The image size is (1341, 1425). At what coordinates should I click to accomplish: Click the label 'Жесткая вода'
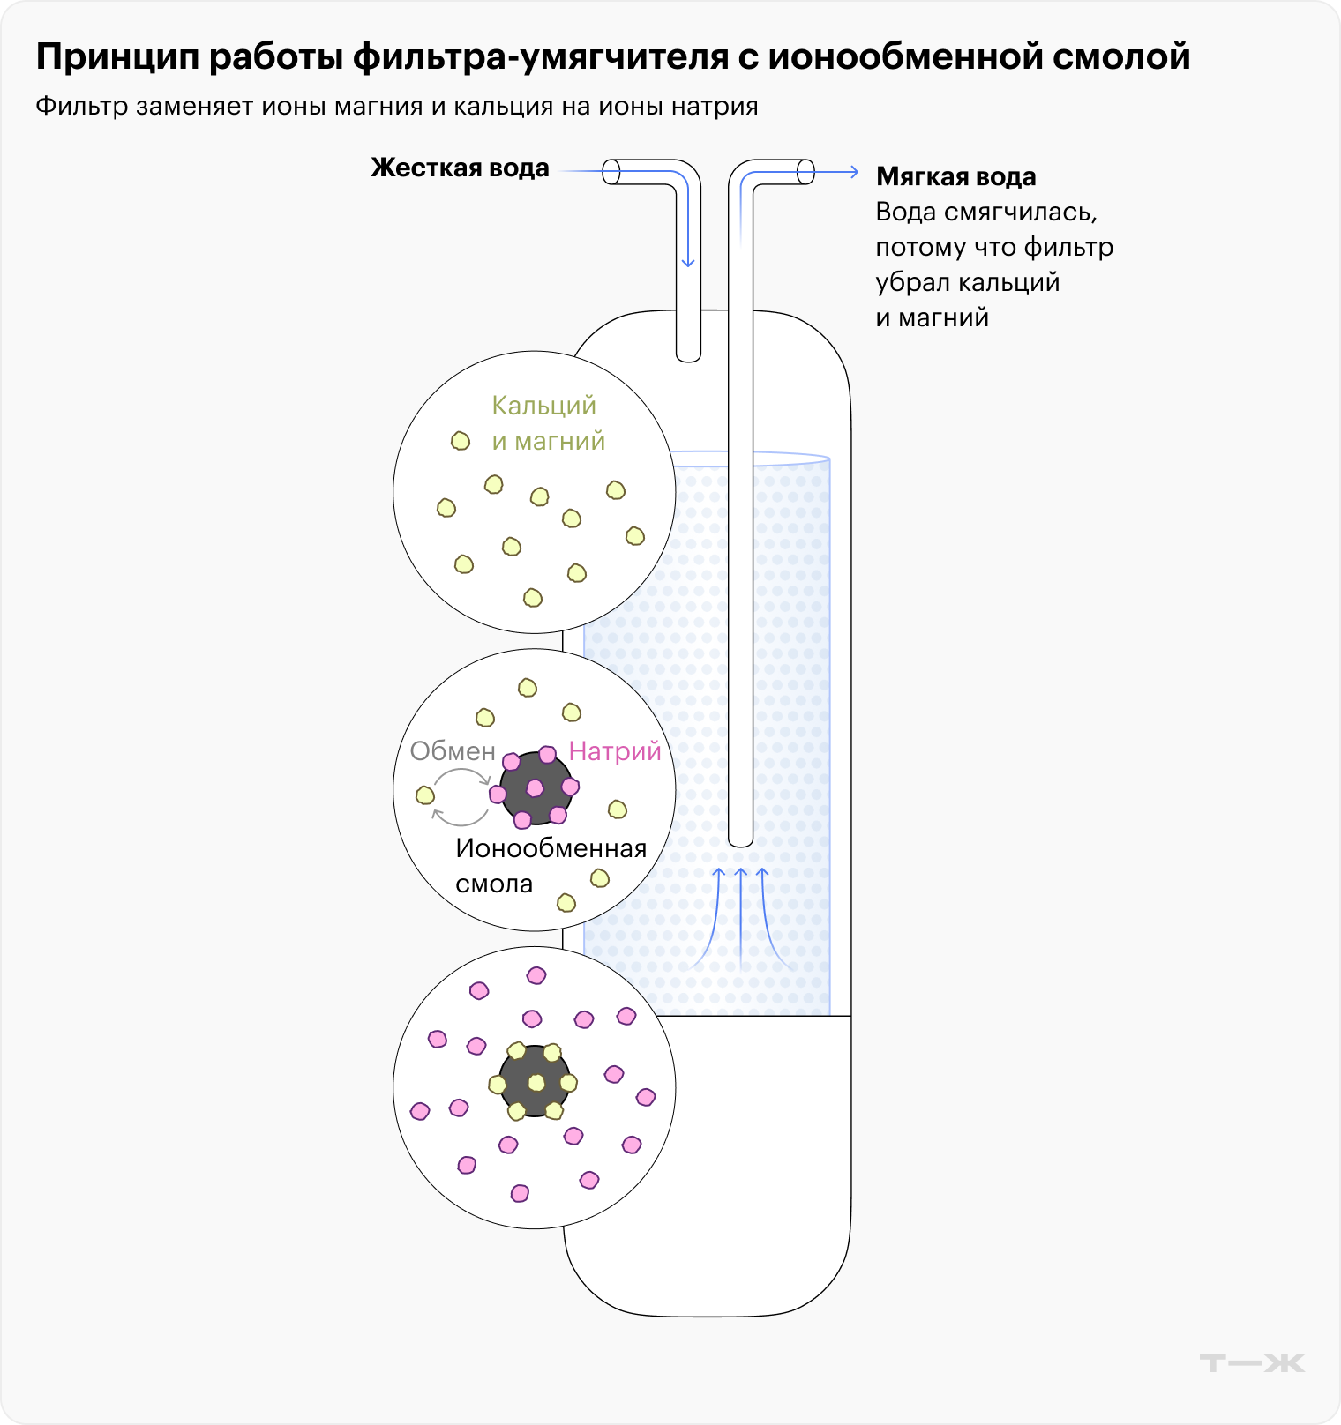460,168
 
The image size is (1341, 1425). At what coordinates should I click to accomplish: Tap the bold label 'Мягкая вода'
955,177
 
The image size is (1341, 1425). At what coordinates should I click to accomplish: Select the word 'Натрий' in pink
615,751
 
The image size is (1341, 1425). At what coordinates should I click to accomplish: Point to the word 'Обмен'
453,751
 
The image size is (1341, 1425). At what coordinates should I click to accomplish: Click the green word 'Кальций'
543,406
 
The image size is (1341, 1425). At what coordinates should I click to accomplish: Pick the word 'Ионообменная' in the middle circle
551,848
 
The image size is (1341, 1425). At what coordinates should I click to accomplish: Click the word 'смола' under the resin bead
494,884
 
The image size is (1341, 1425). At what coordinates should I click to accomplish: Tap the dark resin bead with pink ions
536,787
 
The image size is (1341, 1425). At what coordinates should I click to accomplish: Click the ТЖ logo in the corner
1252,1363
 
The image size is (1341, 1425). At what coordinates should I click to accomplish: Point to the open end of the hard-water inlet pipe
611,172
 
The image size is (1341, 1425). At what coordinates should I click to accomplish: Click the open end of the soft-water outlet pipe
805,172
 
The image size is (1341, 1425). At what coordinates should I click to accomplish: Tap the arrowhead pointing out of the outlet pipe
853,172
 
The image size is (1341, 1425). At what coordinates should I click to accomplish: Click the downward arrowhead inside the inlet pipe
688,262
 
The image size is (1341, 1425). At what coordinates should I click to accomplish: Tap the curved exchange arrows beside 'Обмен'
461,797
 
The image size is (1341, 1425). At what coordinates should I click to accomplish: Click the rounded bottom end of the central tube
741,839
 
